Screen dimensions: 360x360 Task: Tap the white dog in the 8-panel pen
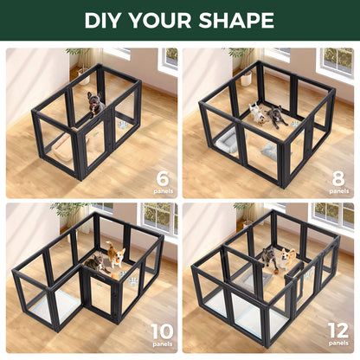[257, 112]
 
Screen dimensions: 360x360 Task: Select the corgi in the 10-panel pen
[116, 256]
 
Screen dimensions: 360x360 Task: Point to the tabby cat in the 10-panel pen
[95, 262]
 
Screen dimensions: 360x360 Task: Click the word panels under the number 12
[338, 344]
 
